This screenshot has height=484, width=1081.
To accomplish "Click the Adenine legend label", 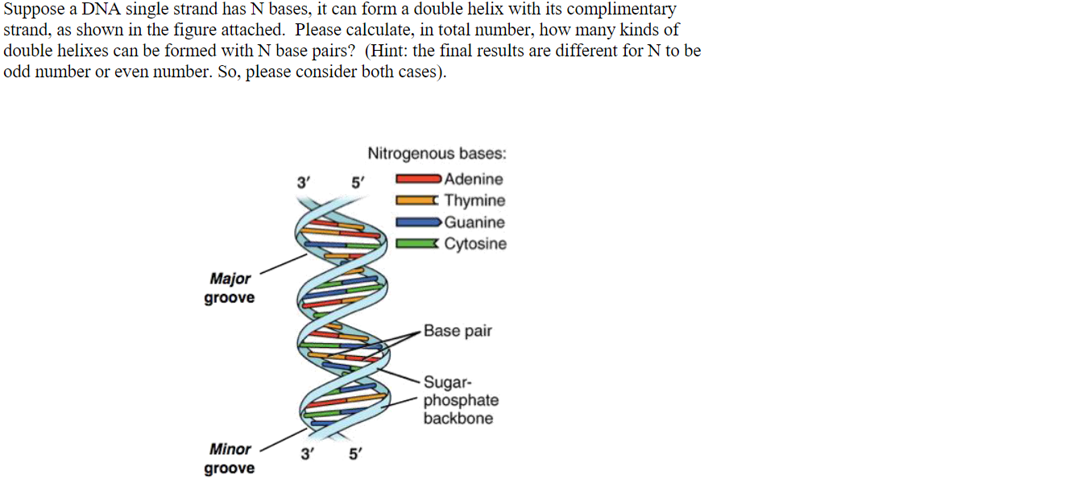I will pos(474,180).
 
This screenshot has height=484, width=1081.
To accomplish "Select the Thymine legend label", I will pos(474,201).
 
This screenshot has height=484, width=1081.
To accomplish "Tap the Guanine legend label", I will pos(474,222).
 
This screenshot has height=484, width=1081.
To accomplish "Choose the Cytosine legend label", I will pos(475,244).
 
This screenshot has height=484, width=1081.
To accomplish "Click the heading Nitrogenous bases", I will pos(437,154).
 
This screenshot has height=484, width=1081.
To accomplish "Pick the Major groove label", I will pos(230,288).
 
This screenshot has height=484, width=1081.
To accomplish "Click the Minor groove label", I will pos(230,458).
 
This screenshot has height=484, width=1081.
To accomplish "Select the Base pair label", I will pos(458,331).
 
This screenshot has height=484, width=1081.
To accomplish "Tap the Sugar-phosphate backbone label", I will pos(461,400).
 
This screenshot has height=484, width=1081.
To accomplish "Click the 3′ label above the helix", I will pos(304,183).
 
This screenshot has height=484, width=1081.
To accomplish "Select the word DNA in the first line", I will pos(101,10).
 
